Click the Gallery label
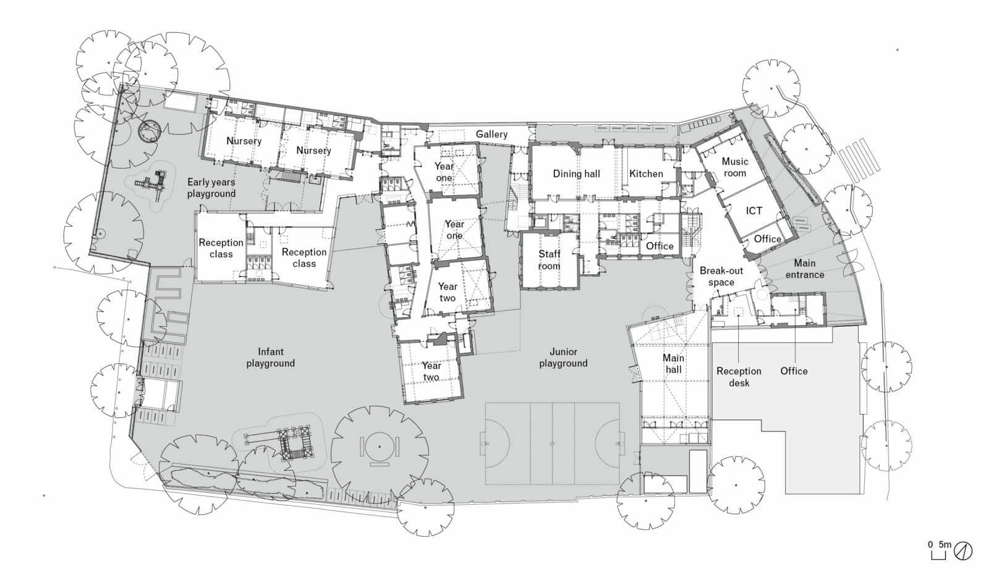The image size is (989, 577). [491, 134]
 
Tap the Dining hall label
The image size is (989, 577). [576, 174]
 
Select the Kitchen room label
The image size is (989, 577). [646, 174]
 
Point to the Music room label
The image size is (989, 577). [735, 167]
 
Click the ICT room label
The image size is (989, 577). [753, 211]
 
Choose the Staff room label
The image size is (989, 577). [549, 260]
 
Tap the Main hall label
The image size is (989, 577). [673, 363]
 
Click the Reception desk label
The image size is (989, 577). [739, 377]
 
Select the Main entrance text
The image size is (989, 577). [804, 269]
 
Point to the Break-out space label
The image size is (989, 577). [721, 277]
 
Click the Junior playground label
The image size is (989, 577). [562, 358]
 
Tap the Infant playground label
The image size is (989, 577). [270, 358]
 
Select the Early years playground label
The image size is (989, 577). [211, 188]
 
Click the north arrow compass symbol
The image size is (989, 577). [963, 550]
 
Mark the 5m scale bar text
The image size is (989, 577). [945, 544]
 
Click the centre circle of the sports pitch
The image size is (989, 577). [552, 443]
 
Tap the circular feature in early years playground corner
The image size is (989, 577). [150, 130]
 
